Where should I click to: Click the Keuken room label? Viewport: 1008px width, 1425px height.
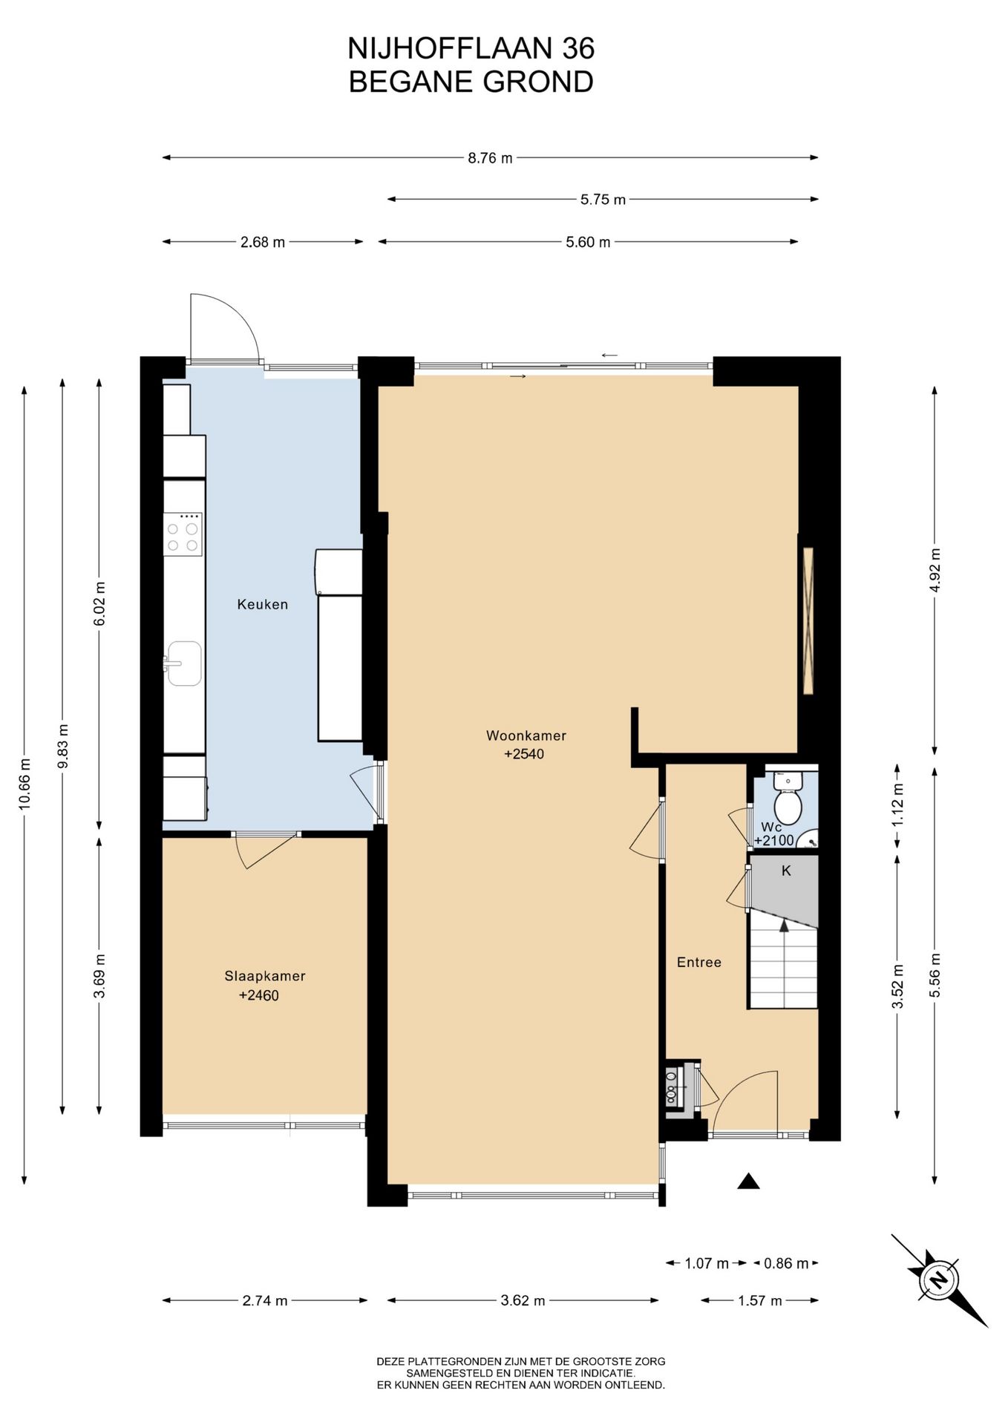tap(262, 604)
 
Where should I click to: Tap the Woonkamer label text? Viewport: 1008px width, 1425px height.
tap(526, 736)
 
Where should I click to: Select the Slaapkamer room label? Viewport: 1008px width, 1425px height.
tap(265, 976)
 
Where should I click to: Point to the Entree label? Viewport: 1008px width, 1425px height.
tap(699, 962)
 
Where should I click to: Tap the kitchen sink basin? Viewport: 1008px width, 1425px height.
tap(183, 663)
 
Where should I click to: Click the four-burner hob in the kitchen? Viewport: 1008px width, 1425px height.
tap(183, 534)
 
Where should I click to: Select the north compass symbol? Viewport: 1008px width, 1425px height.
tap(939, 1280)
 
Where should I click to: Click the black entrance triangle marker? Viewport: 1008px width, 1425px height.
tap(748, 1181)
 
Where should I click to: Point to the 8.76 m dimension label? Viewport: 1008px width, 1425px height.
tap(490, 158)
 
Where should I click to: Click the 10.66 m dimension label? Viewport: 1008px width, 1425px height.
tap(25, 784)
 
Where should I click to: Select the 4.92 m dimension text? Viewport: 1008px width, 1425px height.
tap(935, 569)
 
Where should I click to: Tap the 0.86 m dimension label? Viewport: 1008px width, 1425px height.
tap(786, 1263)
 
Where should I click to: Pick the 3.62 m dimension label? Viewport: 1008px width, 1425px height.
tap(523, 1300)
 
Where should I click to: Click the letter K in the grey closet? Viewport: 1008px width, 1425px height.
tap(786, 871)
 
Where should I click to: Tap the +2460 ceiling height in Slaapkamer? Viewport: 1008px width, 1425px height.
tap(259, 996)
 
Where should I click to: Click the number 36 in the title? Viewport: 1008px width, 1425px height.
tap(578, 49)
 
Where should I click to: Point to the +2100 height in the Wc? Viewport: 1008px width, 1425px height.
tap(774, 841)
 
